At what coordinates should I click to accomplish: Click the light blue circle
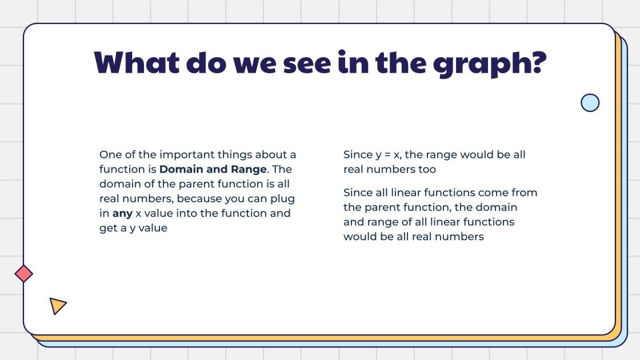(x=590, y=103)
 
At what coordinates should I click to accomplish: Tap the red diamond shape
(x=24, y=274)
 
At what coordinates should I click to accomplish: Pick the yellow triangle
(x=57, y=306)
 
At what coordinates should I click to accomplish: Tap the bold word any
(x=122, y=214)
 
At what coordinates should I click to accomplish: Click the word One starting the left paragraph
(x=110, y=154)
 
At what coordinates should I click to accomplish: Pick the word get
(x=109, y=229)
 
